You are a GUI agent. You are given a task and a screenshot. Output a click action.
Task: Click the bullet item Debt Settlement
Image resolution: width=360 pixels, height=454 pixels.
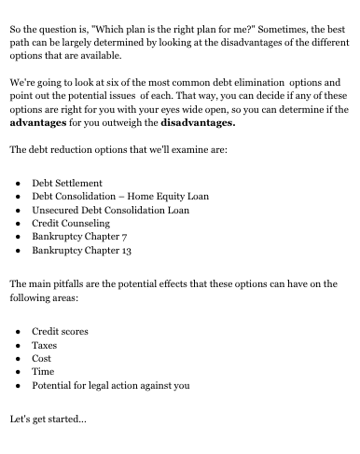click(67, 183)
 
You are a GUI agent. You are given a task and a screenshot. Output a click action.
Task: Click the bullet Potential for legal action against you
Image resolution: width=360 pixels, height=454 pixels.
click(111, 385)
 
